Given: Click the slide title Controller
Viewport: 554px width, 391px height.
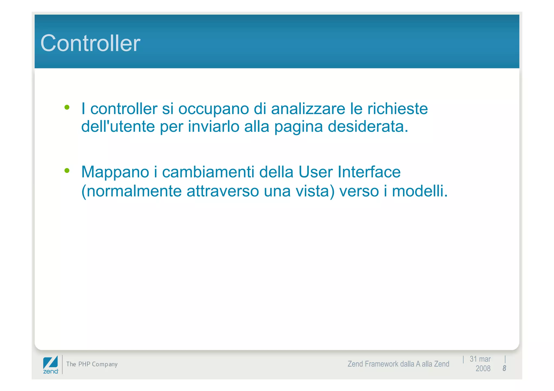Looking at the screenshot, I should (90, 43).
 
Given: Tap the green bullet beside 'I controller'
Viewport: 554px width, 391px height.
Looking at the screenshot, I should (67, 108).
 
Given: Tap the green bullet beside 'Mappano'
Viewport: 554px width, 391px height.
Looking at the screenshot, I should (67, 171).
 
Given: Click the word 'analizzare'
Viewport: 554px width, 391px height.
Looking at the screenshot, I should (308, 109).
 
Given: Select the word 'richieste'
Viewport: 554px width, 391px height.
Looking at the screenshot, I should (397, 109).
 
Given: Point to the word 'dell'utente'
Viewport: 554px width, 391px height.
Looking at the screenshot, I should (118, 126).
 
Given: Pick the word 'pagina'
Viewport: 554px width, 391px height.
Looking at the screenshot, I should (298, 127).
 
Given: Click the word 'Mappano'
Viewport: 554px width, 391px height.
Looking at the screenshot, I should (115, 172).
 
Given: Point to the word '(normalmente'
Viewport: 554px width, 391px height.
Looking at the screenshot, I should (131, 191).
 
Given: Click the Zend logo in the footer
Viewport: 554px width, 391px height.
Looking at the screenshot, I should (51, 365).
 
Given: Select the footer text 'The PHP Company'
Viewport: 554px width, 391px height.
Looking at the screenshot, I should (92, 364).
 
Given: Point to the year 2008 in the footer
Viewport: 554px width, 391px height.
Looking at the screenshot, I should (483, 369).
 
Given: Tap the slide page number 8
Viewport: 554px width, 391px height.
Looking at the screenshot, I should (504, 368).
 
